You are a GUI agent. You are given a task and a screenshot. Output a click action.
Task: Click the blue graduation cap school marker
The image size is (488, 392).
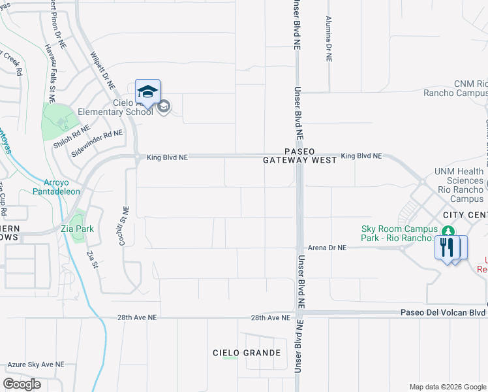[x=147, y=91]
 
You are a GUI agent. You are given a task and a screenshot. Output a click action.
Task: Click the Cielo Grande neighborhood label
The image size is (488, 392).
[x=247, y=353]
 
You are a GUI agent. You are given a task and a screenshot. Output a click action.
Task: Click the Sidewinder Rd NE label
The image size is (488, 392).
[x=97, y=141]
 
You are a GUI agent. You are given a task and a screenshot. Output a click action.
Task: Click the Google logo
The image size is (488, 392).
[x=22, y=384]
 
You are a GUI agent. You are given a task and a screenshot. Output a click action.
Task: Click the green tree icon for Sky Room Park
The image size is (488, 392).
[x=448, y=231]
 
